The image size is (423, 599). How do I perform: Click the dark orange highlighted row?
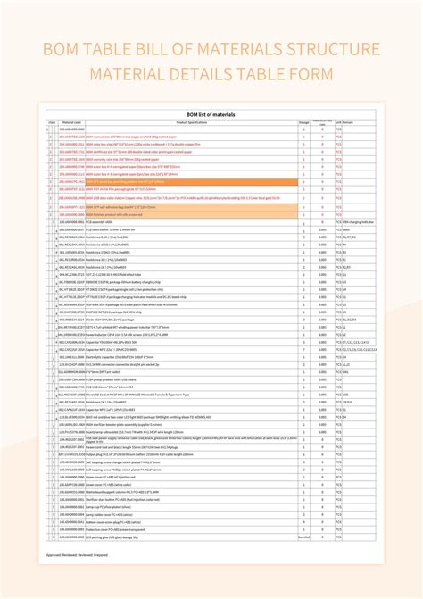[x=178, y=180]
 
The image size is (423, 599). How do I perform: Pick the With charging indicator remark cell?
[x=357, y=220]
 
